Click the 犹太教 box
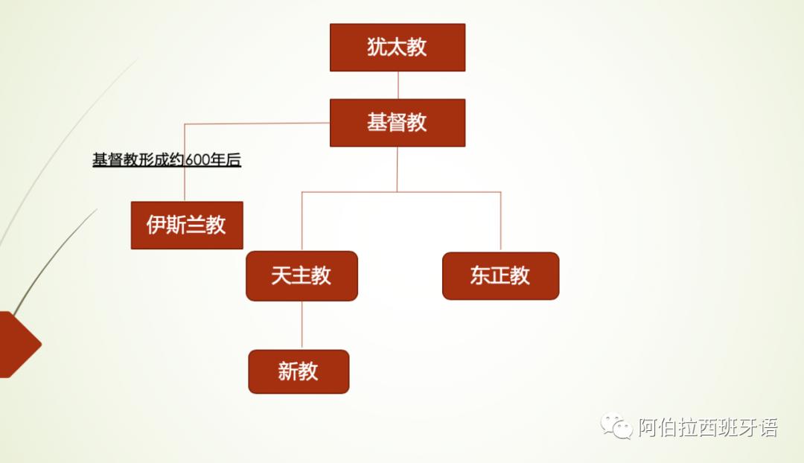tap(398, 48)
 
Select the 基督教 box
tap(398, 123)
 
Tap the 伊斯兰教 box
tap(187, 225)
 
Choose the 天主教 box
tap(301, 276)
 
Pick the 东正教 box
tap(500, 276)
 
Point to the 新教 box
tap(299, 371)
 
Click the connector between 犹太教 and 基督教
tap(398, 85)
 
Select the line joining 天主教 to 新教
tap(301, 325)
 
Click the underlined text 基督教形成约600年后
tap(167, 160)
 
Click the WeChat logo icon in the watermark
tap(616, 427)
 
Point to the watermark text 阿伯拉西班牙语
tap(708, 427)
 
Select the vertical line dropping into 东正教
tap(500, 221)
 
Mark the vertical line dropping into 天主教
tap(301, 221)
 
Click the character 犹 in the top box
tap(377, 47)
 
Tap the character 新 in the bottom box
tap(288, 371)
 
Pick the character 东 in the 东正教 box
tap(480, 276)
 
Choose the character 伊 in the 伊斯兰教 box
tap(156, 225)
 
